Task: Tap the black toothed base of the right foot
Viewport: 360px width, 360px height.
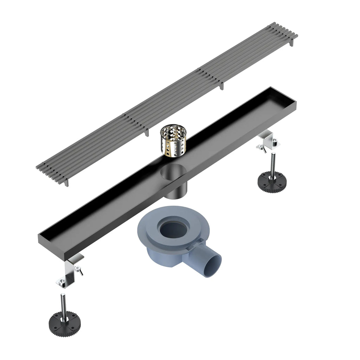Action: click(x=272, y=181)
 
